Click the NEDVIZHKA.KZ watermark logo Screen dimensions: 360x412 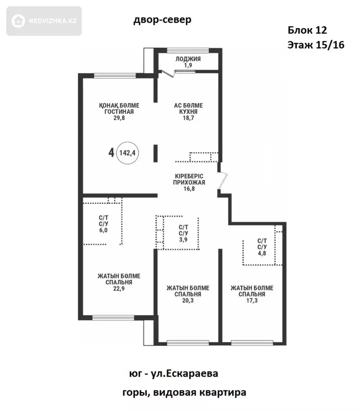tap(44, 21)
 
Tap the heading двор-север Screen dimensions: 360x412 tap(162, 19)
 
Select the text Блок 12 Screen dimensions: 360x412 tap(307, 30)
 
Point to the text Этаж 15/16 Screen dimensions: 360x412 tap(316, 45)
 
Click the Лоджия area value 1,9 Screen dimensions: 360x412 tap(188, 65)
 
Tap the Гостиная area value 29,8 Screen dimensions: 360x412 tap(119, 118)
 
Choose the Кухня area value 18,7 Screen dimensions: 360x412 tap(188, 118)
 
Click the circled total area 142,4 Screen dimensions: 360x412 tap(127, 152)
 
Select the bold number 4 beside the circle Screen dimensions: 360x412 tap(111, 152)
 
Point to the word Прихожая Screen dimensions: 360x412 tap(189, 182)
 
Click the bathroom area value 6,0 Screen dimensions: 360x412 tap(103, 230)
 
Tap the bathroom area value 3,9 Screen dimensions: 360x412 tap(183, 239)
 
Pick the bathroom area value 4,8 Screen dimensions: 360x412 tap(262, 253)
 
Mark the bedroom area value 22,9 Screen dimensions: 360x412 tap(119, 288)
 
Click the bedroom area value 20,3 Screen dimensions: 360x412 tap(188, 300)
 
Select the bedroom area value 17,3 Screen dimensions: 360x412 tap(251, 300)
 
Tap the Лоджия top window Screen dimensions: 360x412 tap(188, 50)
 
